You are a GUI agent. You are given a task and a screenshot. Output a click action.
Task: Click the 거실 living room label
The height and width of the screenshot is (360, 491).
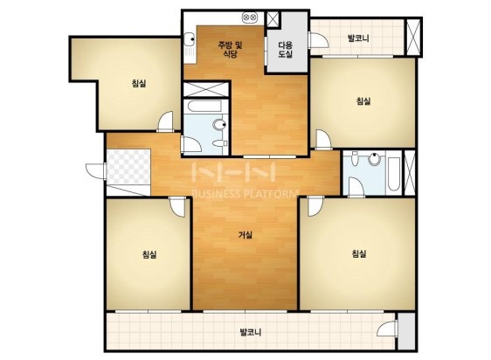(x=245, y=235)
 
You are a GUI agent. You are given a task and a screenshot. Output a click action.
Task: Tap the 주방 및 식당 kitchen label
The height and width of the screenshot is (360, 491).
(x=230, y=50)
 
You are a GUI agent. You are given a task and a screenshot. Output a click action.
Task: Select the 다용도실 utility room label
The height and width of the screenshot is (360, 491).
(x=286, y=50)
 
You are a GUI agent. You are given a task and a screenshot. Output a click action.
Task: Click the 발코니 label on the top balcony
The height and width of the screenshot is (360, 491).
(x=358, y=38)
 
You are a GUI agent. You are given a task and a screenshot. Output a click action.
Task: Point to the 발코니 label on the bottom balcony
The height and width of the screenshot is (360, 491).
(x=251, y=332)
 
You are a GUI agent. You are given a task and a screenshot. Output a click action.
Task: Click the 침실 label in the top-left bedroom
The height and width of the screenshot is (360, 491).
(x=139, y=83)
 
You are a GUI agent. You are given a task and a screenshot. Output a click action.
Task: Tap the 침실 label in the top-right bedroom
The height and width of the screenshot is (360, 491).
(x=363, y=101)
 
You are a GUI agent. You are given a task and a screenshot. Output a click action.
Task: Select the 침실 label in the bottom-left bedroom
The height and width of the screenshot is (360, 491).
(x=149, y=254)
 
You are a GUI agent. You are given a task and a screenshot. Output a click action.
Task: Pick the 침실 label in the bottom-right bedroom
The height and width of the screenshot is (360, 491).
(x=359, y=253)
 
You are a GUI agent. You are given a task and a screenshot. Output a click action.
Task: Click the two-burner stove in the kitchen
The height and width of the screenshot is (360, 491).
(x=250, y=17)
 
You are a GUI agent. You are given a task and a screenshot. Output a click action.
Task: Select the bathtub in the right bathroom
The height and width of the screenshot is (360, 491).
(x=393, y=173)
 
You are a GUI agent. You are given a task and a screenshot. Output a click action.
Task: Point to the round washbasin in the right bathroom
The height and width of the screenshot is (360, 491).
(x=374, y=159)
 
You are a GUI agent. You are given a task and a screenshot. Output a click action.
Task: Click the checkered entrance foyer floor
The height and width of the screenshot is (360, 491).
(x=128, y=167)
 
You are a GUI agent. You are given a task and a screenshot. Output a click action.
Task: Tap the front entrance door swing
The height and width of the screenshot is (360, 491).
(x=96, y=171)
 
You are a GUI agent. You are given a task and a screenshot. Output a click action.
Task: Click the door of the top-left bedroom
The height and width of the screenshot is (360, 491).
(x=165, y=121)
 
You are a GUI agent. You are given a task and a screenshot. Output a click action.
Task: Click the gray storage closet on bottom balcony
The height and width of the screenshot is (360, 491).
(x=406, y=331)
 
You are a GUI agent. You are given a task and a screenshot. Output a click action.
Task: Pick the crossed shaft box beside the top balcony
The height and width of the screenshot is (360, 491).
(x=413, y=38)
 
